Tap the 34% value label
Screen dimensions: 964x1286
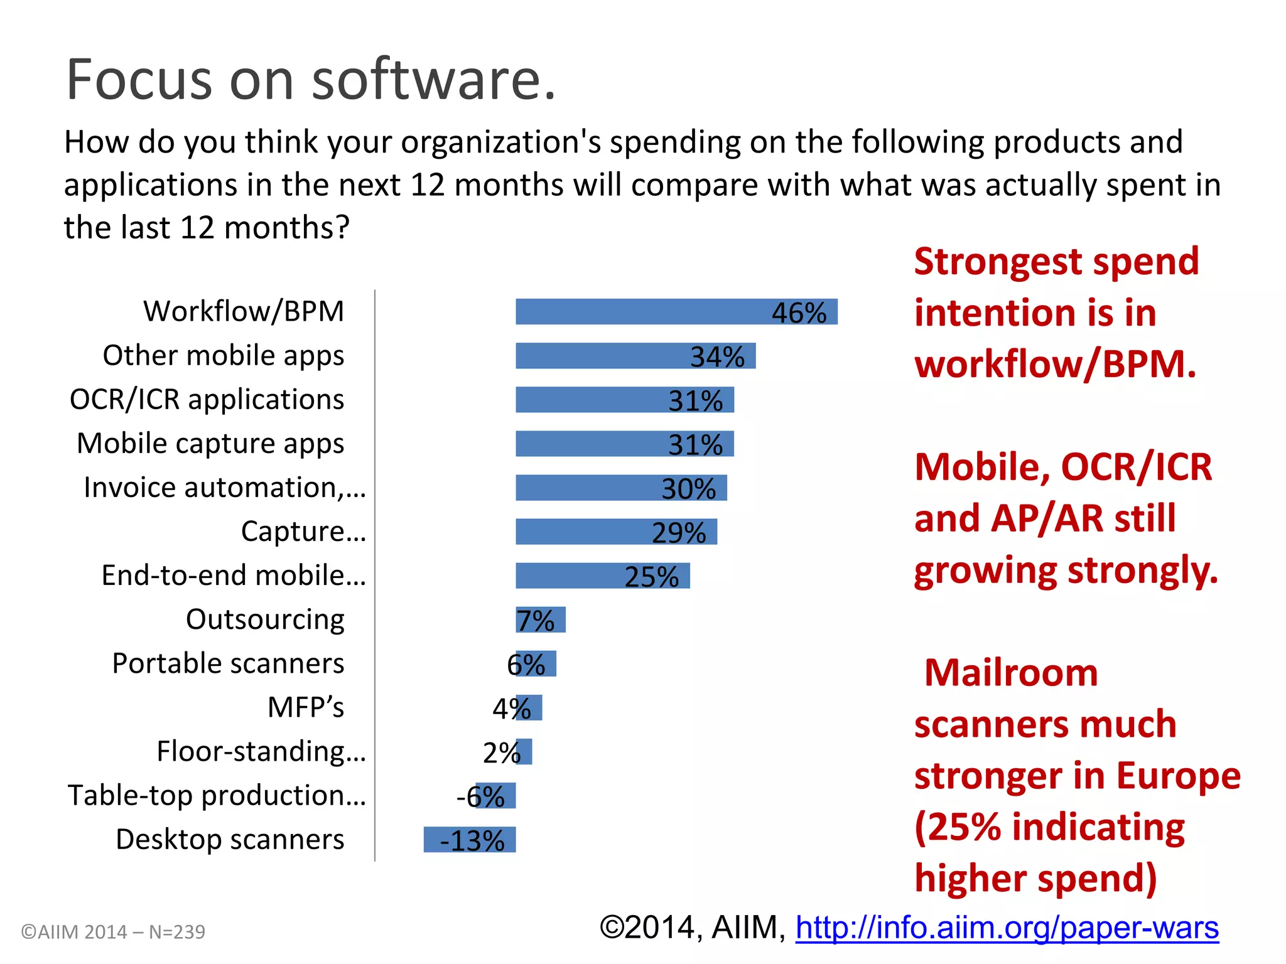point(717,357)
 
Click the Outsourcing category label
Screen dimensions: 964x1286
point(265,619)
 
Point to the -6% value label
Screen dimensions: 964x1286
point(480,797)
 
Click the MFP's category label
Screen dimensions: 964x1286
point(306,707)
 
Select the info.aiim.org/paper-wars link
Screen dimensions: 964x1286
point(1007,928)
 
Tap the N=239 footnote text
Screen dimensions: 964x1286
point(177,932)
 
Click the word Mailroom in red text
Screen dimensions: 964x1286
point(1011,673)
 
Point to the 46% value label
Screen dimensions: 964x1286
point(799,313)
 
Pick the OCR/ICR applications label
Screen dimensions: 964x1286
point(207,400)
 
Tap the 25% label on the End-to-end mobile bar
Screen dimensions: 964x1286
point(651,577)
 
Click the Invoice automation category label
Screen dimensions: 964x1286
point(224,488)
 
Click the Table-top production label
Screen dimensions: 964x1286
point(217,795)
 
